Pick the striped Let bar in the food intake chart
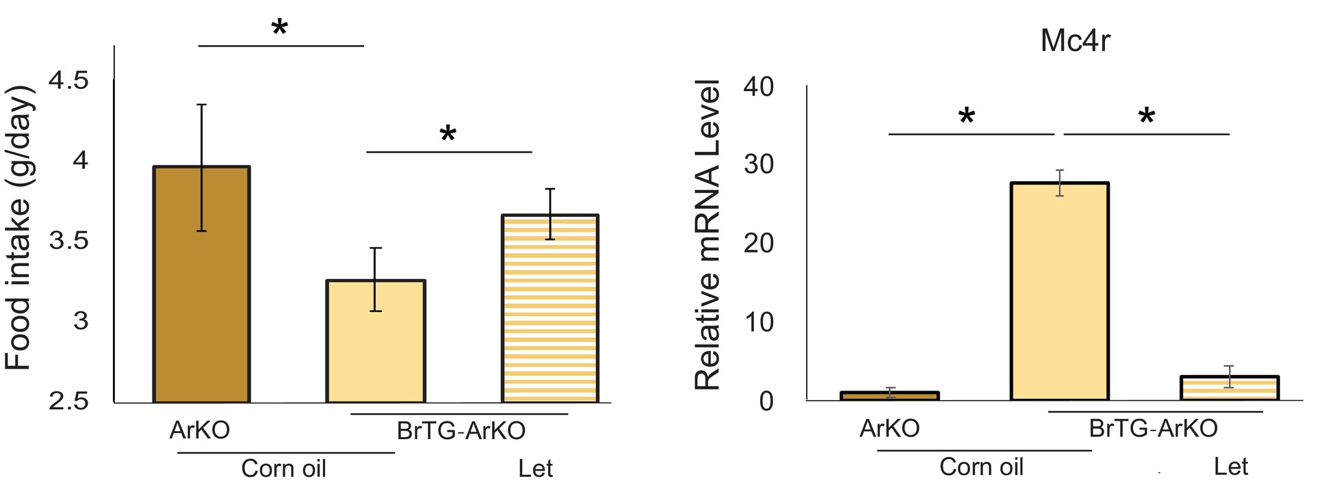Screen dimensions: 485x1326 coord(550,309)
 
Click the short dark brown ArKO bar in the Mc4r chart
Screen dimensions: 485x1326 coord(889,396)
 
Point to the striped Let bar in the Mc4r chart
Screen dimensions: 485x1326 coord(1230,388)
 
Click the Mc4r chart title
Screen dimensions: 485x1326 coord(1075,41)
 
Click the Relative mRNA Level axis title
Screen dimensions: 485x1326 coord(708,235)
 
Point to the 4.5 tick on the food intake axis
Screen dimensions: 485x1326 coord(68,81)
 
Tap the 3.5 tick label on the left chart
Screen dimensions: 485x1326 coord(68,241)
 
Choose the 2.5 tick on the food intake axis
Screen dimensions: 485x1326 coord(68,401)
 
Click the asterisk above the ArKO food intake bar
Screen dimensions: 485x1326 coord(280,28)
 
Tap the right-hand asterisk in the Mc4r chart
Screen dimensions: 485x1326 coord(1147,116)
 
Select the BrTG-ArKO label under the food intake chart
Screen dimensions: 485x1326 coord(461,431)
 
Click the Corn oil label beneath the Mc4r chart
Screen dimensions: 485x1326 coord(981,467)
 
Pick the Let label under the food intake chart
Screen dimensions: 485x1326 coord(535,469)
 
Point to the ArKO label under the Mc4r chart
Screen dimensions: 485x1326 coord(889,429)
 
